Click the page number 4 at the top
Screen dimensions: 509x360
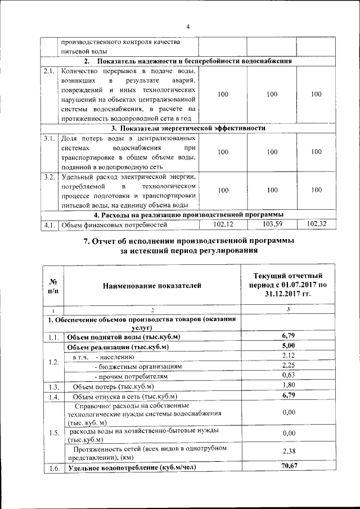[188, 26]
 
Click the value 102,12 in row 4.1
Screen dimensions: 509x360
[223, 224]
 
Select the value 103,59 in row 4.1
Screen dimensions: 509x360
[272, 224]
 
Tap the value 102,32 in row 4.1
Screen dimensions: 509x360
[316, 224]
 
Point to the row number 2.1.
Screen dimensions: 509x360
[48, 71]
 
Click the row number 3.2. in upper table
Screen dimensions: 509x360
[48, 177]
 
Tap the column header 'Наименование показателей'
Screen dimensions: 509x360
[152, 286]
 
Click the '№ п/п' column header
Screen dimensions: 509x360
[54, 286]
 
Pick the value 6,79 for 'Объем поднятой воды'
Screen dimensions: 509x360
[288, 336]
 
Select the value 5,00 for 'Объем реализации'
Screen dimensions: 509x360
[288, 346]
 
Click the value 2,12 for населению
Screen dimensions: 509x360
[288, 356]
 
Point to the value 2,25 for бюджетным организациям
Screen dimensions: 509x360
[288, 366]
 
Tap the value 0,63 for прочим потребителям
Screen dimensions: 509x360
[288, 376]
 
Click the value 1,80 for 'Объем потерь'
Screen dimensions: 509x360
[288, 385]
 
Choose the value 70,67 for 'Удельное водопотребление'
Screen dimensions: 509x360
[288, 466]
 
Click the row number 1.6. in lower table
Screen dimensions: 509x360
[54, 467]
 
